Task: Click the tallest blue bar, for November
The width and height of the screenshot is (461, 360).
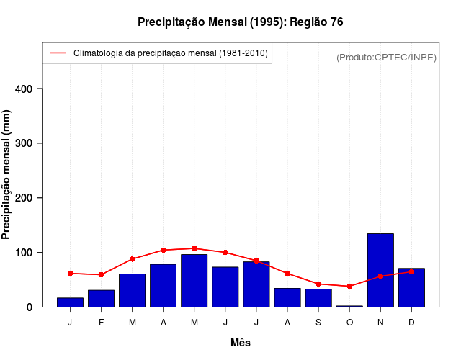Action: pyautogui.click(x=380, y=270)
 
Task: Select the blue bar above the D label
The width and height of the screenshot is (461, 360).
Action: pyautogui.click(x=411, y=287)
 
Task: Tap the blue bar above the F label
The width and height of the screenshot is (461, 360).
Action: pyautogui.click(x=101, y=298)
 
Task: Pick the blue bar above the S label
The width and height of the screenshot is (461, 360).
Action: pyautogui.click(x=318, y=297)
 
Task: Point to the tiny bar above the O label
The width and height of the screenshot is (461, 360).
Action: pyautogui.click(x=349, y=306)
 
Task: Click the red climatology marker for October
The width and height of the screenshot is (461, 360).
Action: pyautogui.click(x=349, y=286)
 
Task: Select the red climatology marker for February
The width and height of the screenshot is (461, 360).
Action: pyautogui.click(x=101, y=274)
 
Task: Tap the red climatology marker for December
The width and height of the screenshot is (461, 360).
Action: pyautogui.click(x=411, y=271)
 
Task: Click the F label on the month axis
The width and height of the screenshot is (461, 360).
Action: pyautogui.click(x=101, y=323)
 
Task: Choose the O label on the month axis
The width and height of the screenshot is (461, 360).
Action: pyautogui.click(x=349, y=323)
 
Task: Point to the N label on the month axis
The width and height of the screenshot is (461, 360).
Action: pyautogui.click(x=380, y=323)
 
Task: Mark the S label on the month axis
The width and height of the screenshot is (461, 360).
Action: pyautogui.click(x=318, y=323)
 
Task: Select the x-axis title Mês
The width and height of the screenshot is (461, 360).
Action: pyautogui.click(x=241, y=343)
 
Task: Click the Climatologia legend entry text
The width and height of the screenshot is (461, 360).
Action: pyautogui.click(x=171, y=53)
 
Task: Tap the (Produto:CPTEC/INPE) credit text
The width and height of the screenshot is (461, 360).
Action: pyautogui.click(x=386, y=57)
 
